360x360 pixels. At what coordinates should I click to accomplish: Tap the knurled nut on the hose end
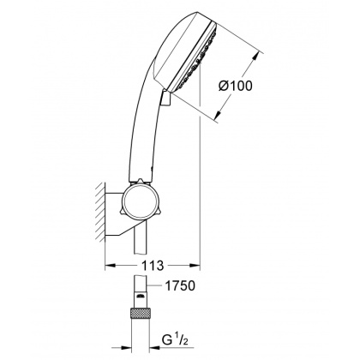[x=138, y=316]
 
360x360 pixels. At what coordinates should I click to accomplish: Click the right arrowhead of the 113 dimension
[x=196, y=264]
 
